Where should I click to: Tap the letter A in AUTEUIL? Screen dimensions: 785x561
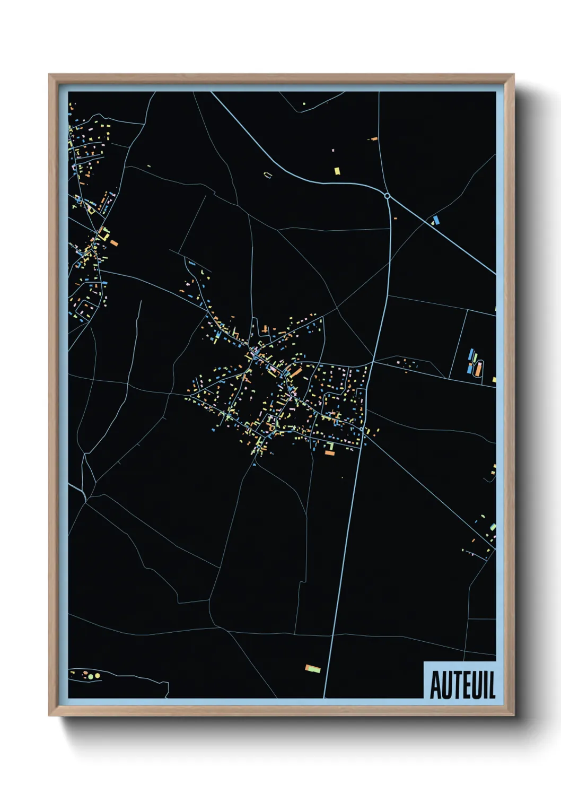click(x=436, y=685)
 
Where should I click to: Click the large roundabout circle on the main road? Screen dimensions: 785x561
click(x=387, y=196)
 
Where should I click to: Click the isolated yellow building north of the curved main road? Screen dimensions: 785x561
click(x=337, y=171)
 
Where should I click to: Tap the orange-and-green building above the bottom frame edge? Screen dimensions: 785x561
click(x=313, y=668)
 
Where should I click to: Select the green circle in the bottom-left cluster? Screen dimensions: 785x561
click(x=90, y=677)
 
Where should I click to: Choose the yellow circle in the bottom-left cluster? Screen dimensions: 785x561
click(x=97, y=676)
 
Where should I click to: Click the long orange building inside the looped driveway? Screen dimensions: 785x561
click(x=478, y=369)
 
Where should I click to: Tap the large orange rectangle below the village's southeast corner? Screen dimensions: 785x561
click(x=330, y=453)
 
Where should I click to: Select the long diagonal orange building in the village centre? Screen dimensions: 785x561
click(x=295, y=373)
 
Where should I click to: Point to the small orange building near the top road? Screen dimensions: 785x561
click(x=374, y=139)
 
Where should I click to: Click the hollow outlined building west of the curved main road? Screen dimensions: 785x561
click(x=268, y=175)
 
